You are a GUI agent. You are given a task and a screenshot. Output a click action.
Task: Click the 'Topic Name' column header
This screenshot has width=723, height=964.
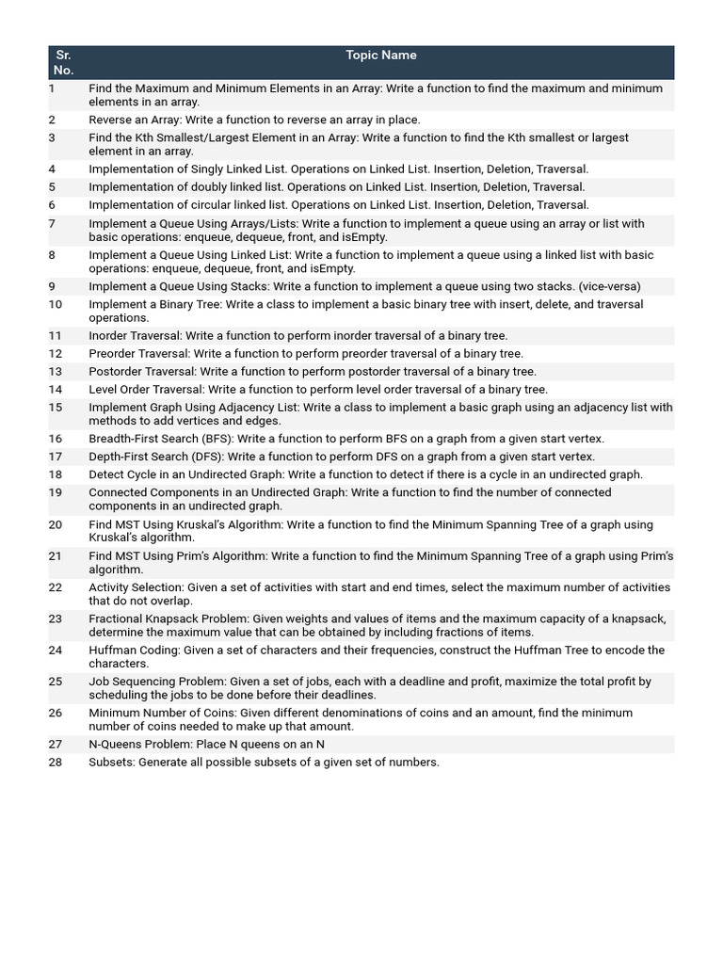pos(380,56)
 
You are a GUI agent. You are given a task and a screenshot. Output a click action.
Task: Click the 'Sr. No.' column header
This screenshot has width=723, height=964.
pos(63,62)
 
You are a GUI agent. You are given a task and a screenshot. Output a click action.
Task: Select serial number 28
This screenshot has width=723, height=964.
pos(56,763)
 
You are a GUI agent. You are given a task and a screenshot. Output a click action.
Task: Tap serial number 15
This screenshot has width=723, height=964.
pos(56,408)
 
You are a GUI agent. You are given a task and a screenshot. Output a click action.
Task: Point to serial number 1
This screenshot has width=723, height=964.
pos(52,88)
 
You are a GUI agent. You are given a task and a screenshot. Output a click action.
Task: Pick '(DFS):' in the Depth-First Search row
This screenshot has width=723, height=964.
pos(204,458)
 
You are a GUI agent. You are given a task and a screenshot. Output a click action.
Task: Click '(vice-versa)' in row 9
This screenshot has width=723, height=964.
pos(610,287)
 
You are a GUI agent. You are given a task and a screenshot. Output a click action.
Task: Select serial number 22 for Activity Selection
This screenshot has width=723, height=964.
pos(56,587)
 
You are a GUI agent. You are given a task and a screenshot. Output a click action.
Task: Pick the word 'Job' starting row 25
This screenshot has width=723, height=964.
pos(99,682)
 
